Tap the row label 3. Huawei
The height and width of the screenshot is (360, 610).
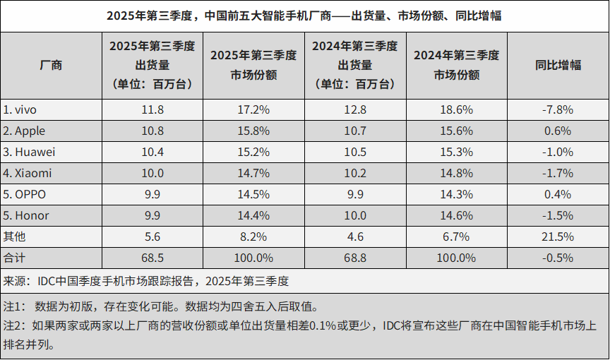coord(30,152)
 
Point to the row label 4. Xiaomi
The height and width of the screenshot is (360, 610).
coord(28,173)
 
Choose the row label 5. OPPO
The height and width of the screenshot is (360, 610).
coord(26,194)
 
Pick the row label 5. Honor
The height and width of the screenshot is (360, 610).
coord(27,215)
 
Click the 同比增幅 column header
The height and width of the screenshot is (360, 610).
coord(558,65)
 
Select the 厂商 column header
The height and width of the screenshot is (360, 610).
coord(51,65)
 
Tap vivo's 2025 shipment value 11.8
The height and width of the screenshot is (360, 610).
coord(152,109)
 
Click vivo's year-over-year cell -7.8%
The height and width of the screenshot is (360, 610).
coord(558,109)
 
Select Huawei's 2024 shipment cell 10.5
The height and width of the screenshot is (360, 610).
coord(355,152)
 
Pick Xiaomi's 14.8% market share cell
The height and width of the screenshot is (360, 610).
coord(456,173)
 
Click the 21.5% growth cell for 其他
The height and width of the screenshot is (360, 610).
coord(558,236)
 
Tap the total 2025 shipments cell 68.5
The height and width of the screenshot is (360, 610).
coord(152,258)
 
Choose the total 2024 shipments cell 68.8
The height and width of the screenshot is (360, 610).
coord(355,258)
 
